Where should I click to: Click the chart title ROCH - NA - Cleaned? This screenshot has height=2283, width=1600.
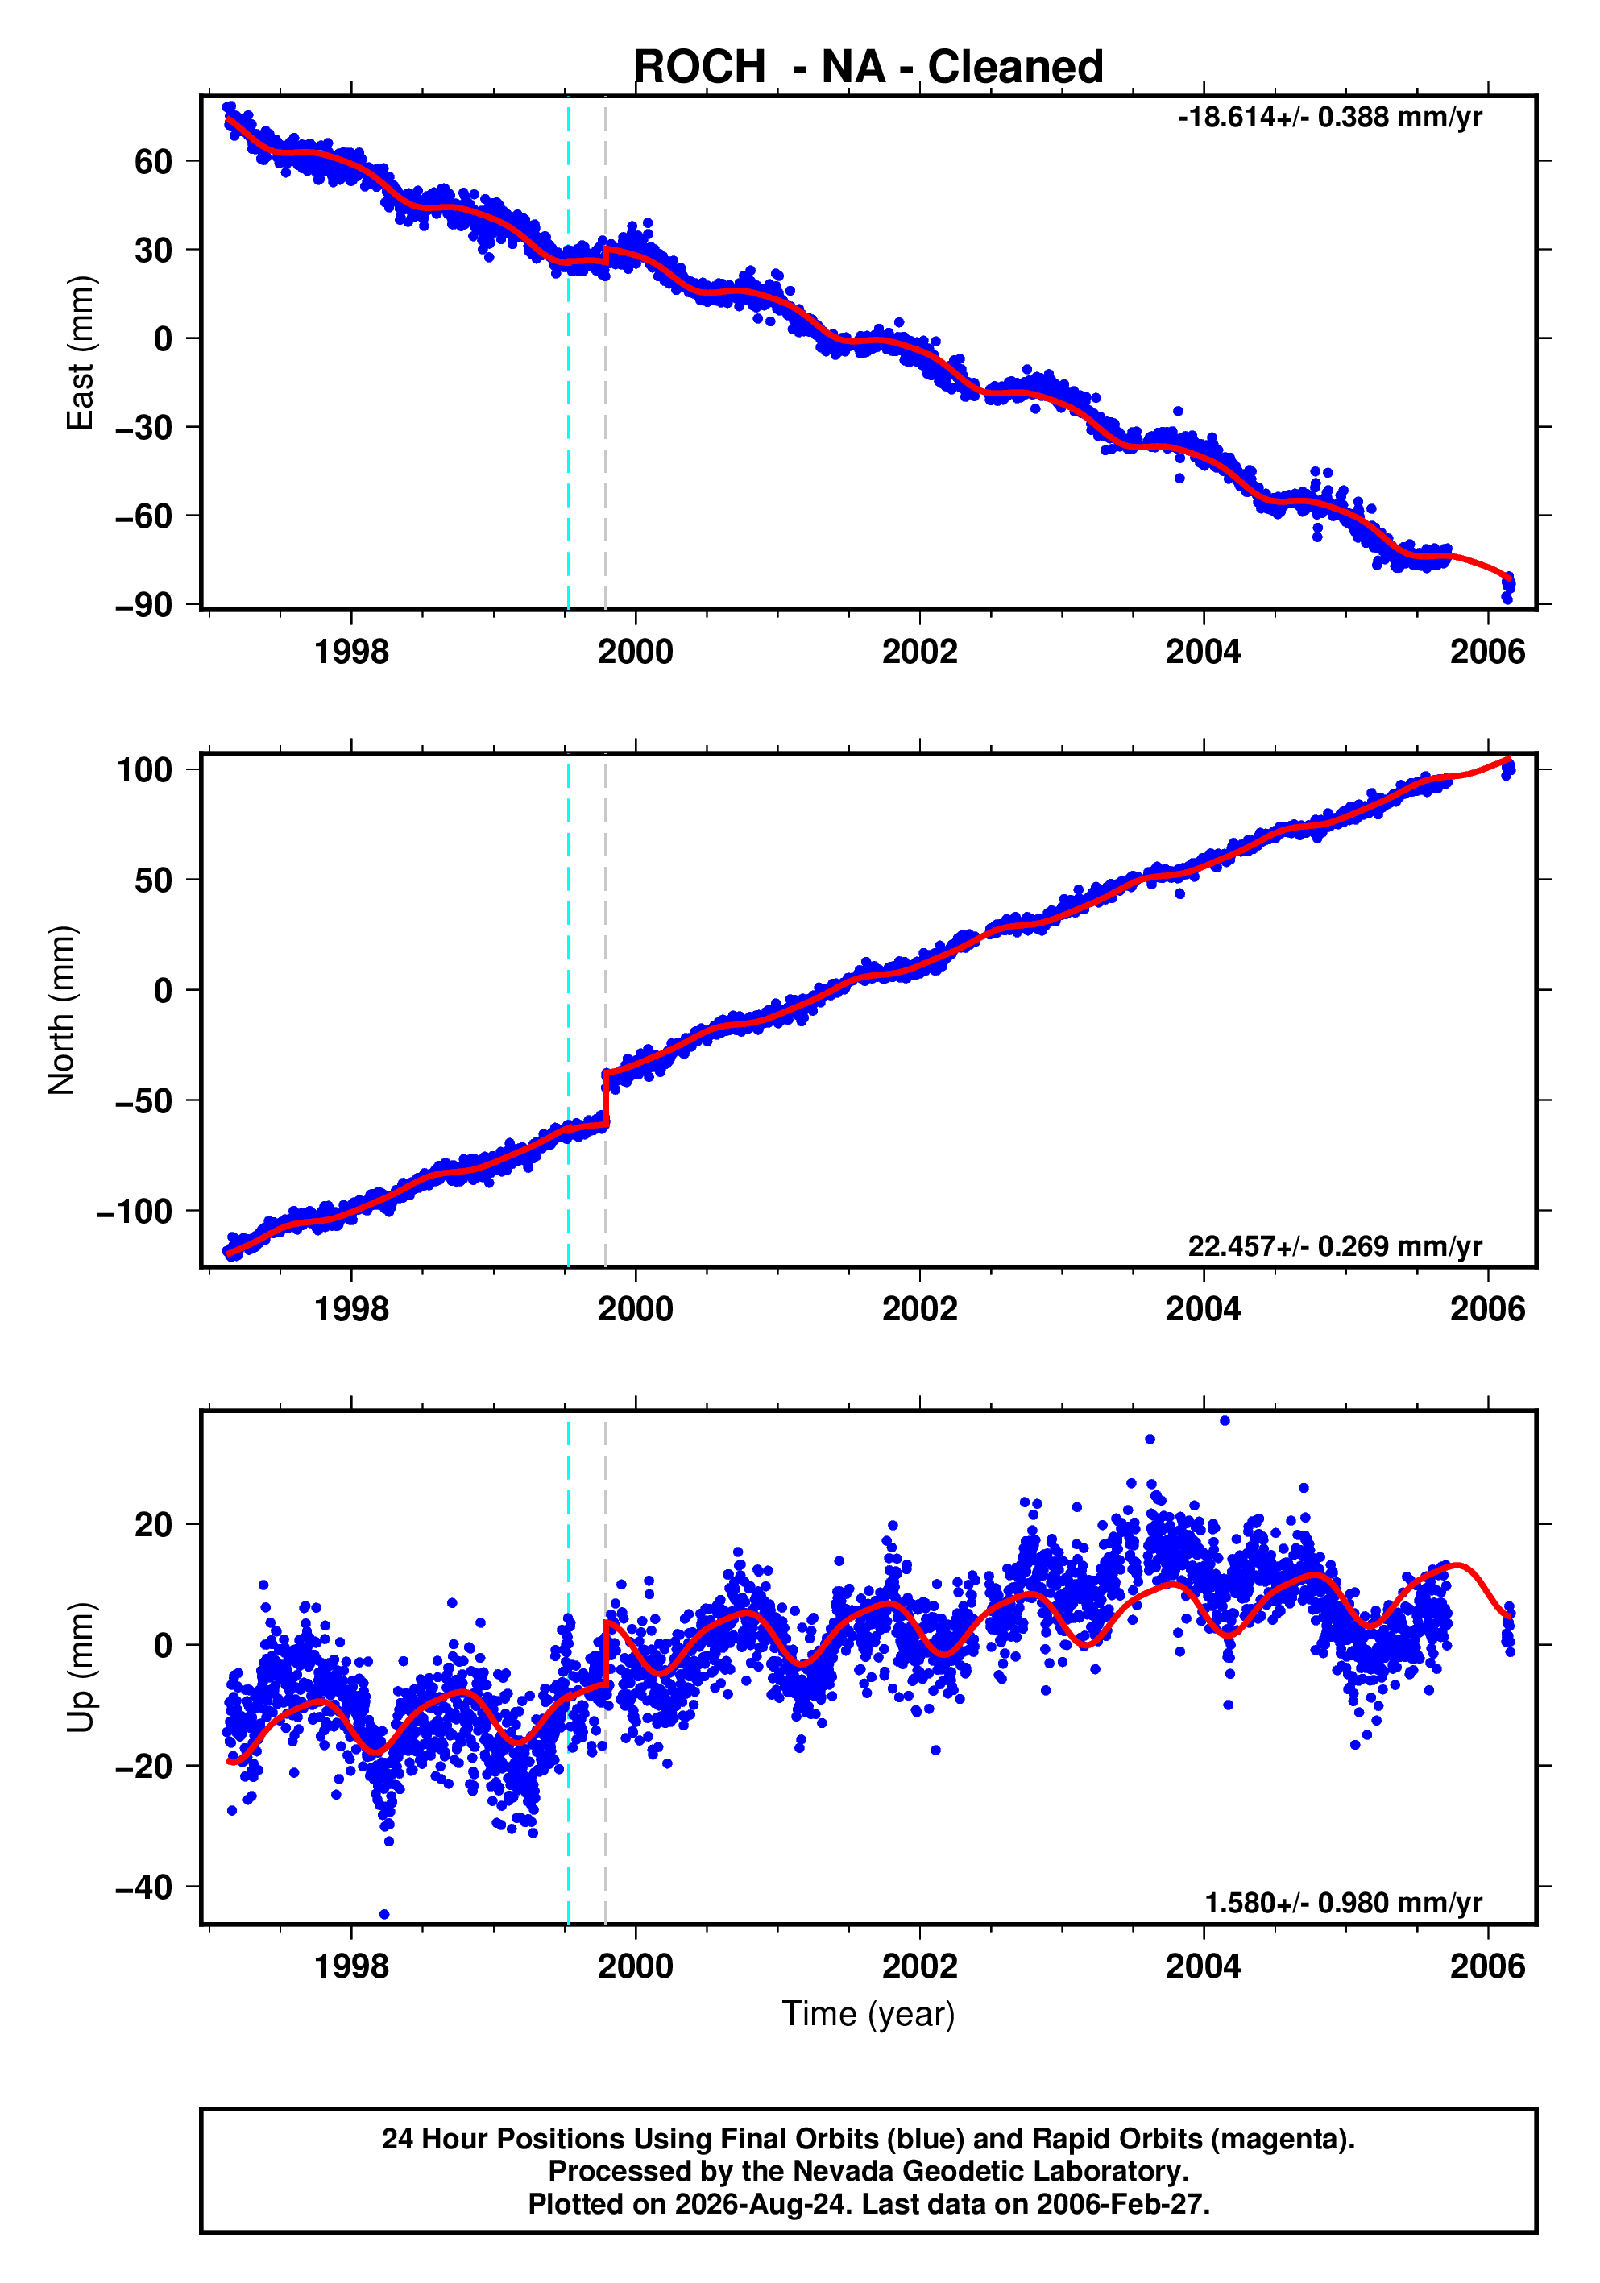tap(868, 68)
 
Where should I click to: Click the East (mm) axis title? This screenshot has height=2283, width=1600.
tap(80, 353)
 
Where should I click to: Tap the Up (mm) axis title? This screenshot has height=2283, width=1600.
tap(80, 1668)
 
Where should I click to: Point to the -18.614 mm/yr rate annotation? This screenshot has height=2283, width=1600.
tap(1329, 118)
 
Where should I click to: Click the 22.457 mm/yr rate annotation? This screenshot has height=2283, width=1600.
tap(1334, 1246)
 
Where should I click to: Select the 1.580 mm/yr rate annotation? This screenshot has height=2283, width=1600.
tap(1344, 1903)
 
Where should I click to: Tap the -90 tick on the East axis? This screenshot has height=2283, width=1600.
tap(143, 604)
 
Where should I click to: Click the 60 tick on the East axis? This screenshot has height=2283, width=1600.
tap(154, 161)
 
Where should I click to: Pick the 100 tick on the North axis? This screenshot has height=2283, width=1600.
tap(145, 769)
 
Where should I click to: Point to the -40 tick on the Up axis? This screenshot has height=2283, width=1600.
tap(143, 1887)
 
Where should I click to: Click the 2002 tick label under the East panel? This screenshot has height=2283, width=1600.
tap(918, 653)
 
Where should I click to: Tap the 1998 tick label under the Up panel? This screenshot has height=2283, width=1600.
tap(351, 1966)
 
